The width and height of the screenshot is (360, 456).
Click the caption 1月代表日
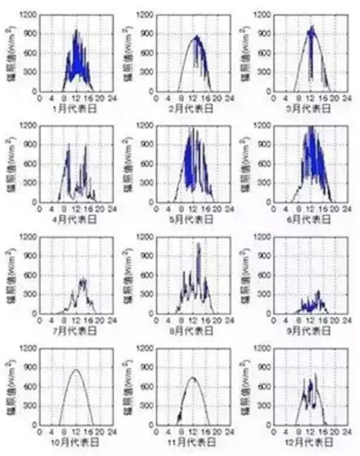click(x=76, y=109)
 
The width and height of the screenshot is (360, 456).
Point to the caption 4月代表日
click(x=76, y=220)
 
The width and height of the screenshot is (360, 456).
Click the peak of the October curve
click(x=75, y=370)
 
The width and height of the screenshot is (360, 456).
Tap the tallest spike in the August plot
click(x=198, y=243)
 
